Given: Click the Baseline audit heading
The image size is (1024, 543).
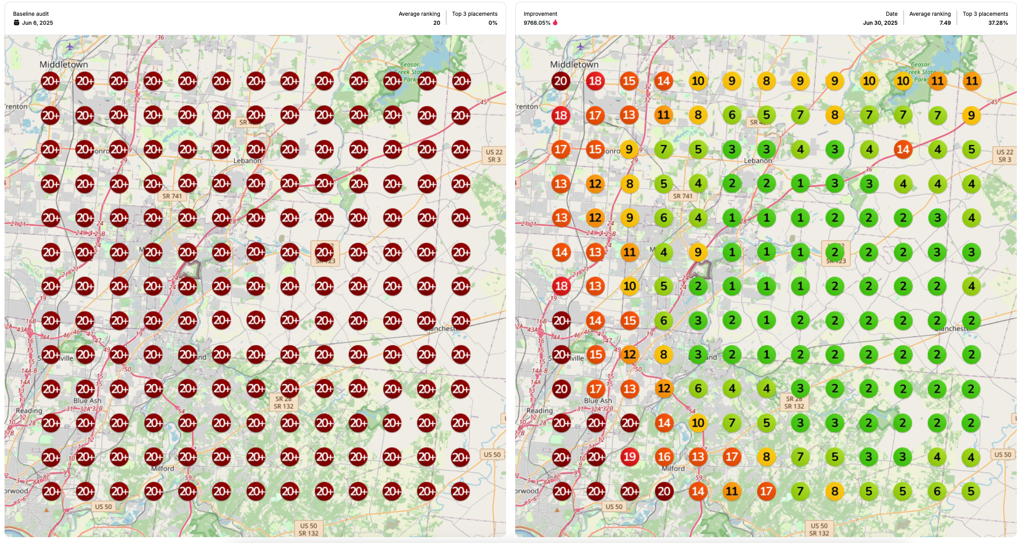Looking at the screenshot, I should (x=31, y=14).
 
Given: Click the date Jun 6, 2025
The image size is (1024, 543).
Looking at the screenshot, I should (x=37, y=23).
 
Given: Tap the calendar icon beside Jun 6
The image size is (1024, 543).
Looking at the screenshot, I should (x=16, y=23).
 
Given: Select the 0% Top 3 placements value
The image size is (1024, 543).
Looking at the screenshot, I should (x=493, y=23).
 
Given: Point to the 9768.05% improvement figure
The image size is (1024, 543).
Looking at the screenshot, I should (x=536, y=23).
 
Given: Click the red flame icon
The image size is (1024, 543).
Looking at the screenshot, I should (x=555, y=23).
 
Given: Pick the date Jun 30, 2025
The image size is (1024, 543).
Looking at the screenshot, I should (x=880, y=23).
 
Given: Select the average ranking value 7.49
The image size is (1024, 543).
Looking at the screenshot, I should (x=945, y=23).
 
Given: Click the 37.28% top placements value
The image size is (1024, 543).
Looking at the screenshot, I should (x=998, y=23).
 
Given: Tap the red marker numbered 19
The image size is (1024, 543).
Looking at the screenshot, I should (x=629, y=457).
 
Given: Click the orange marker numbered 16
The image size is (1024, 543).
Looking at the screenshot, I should (x=663, y=457).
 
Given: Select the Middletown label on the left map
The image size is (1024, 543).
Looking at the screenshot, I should (x=64, y=64).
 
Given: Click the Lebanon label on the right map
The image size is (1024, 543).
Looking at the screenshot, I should (x=758, y=161).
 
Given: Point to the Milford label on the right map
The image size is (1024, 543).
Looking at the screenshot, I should (x=673, y=469).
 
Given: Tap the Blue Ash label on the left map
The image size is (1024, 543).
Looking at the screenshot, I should (x=87, y=400).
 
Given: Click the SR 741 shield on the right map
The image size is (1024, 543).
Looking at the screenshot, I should (x=682, y=196).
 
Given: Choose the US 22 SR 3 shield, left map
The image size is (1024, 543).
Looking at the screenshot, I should (x=494, y=156).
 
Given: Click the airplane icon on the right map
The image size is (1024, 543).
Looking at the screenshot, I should (x=580, y=47).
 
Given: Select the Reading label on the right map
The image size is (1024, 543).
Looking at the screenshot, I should (x=539, y=411).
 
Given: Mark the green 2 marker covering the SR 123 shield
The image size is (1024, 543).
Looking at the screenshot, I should (x=835, y=252).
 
